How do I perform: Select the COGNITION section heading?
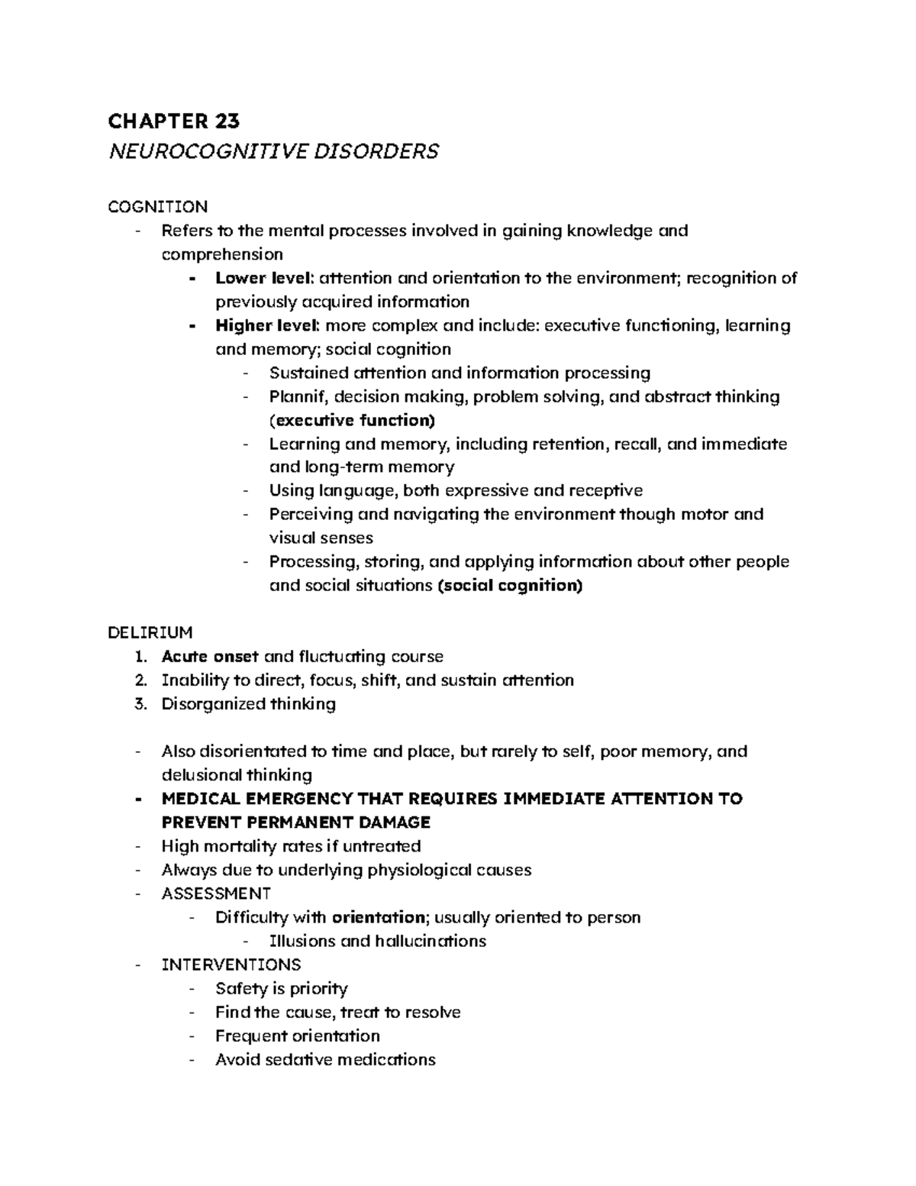coord(158,207)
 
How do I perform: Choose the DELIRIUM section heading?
coord(150,633)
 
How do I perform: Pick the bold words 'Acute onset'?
coord(209,657)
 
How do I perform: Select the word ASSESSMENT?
coord(216,894)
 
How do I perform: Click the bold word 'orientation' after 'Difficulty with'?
coord(378,917)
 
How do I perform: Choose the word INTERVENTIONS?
coord(231,965)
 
